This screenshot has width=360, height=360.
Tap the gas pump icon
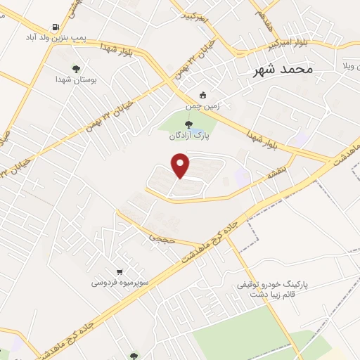coord(56,27)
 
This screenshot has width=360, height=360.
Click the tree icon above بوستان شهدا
coord(75,69)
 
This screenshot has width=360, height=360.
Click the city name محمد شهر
coord(284,70)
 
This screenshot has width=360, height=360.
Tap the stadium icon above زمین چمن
coord(203,95)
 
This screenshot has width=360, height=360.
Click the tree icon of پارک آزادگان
coord(188,124)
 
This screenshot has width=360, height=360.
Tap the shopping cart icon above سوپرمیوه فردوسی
coord(120,271)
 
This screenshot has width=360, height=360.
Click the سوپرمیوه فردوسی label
coord(119,283)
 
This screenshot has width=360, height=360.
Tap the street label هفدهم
coord(258,15)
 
